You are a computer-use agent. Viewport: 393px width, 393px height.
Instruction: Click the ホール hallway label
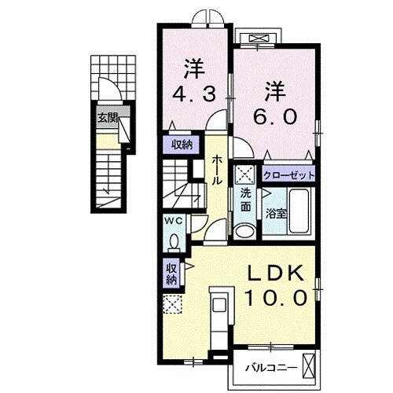click(218, 168)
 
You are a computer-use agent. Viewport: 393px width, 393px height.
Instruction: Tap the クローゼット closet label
click(288, 174)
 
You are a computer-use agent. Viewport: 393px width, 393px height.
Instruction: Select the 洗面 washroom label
click(245, 200)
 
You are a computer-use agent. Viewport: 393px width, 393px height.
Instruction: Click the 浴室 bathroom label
click(275, 213)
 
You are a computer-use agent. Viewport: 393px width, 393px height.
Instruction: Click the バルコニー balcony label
click(270, 366)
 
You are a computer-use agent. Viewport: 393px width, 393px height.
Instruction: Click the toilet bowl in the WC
click(175, 239)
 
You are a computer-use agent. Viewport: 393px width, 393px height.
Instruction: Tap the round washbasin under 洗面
click(245, 230)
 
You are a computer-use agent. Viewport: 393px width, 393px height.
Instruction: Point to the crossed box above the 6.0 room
click(259, 38)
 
